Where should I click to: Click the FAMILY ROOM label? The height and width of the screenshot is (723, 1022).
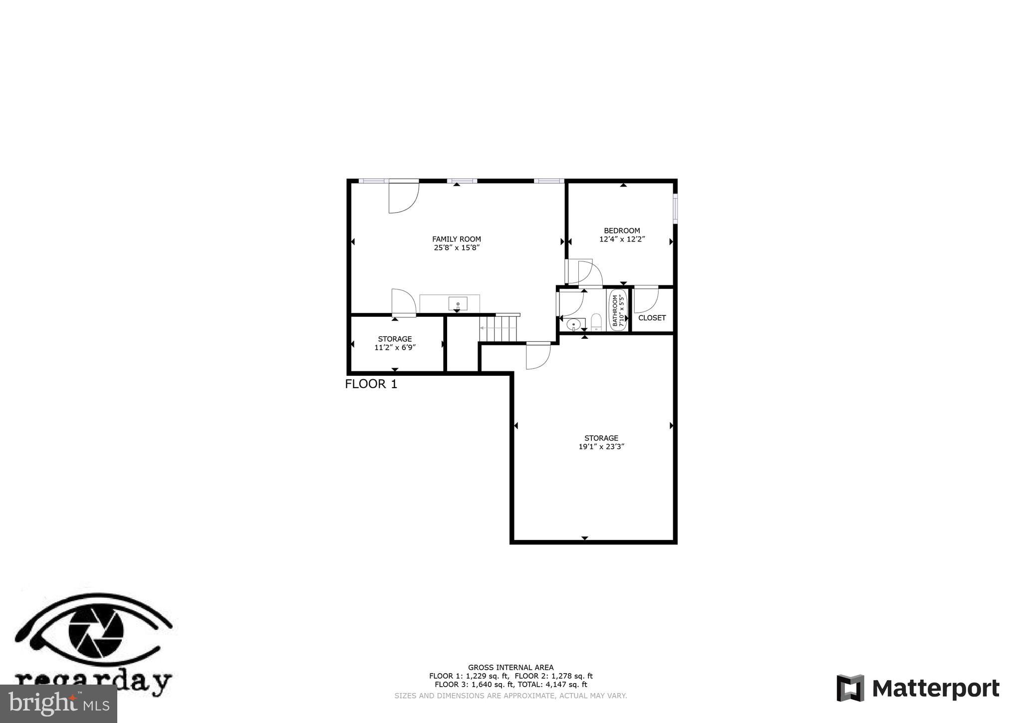coord(456,239)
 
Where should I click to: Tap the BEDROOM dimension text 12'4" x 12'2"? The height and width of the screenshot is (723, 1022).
coord(622,239)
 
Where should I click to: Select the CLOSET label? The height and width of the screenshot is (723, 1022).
coord(652,318)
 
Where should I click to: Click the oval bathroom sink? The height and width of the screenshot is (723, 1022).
coord(574,324)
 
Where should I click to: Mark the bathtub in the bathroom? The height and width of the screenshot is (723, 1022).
coord(618,309)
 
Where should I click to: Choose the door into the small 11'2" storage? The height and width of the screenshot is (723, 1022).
coord(404,303)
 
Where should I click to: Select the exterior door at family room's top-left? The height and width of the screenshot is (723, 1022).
coord(403,197)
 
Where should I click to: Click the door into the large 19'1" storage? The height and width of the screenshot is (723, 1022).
coord(538,356)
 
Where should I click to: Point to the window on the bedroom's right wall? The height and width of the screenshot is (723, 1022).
coord(675,209)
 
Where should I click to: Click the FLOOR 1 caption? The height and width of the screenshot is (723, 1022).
coord(371,384)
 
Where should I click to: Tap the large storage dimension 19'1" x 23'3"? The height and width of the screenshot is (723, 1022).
coord(601,447)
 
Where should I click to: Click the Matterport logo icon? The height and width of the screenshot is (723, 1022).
coord(850,689)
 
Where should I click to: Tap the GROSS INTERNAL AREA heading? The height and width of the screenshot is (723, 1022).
coord(511,667)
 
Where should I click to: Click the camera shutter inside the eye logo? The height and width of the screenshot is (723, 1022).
coord(96,633)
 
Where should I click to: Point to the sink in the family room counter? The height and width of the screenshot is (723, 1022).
coord(458,303)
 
